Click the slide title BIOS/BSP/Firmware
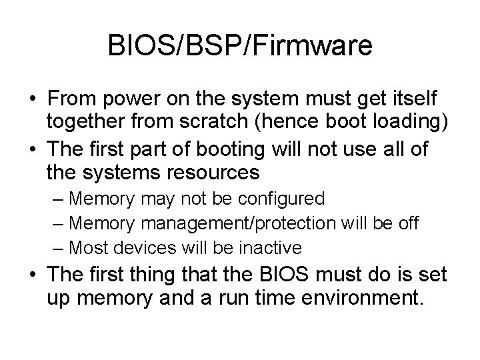(x=239, y=46)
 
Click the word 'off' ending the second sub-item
(x=408, y=223)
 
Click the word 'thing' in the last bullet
(x=157, y=275)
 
